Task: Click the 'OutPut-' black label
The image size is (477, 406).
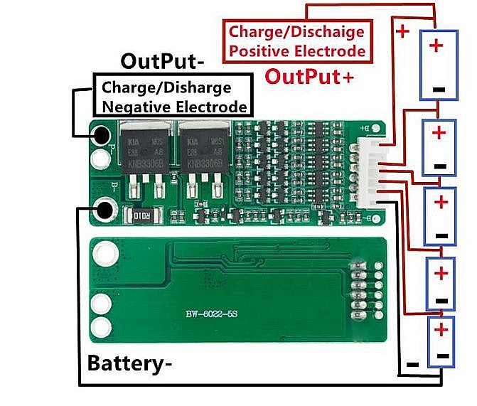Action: click(x=163, y=61)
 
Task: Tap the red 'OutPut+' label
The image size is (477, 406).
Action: click(x=309, y=76)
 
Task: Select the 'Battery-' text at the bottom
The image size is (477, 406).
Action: click(x=129, y=363)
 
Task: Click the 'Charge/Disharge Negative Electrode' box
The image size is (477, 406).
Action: click(x=174, y=97)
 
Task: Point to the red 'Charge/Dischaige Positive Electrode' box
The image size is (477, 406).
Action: click(x=296, y=41)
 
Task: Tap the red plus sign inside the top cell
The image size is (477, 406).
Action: click(x=436, y=46)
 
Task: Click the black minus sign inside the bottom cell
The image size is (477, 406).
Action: click(x=442, y=355)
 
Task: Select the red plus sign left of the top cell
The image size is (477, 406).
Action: click(x=402, y=32)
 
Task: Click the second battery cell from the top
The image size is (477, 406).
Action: click(x=439, y=148)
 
